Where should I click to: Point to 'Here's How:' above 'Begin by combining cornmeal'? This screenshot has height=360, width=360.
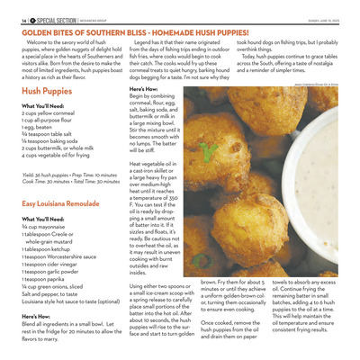pos(145,90)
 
